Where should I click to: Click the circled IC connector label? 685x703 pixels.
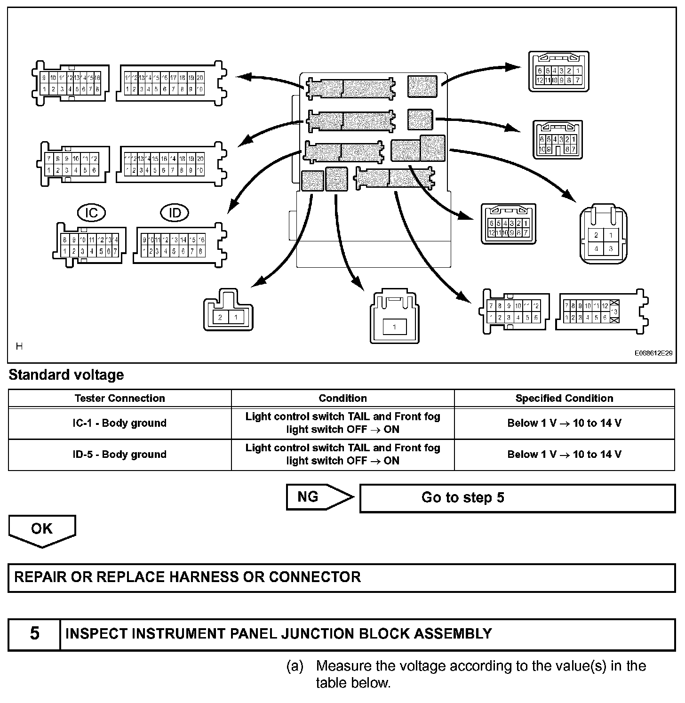point(91,213)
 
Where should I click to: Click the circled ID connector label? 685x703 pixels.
point(175,213)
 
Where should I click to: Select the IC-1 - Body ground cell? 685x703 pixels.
point(119,423)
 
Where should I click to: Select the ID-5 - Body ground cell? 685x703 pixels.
point(119,455)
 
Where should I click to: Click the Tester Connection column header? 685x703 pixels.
point(119,398)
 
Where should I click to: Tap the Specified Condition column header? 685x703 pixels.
point(564,398)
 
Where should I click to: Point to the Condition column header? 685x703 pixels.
point(342,398)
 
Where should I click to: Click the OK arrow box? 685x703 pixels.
point(42,529)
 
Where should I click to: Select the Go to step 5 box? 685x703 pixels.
point(517,498)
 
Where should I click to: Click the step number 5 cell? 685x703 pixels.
point(34,633)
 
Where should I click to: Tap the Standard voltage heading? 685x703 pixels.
point(66,375)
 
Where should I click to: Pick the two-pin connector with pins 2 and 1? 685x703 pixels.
point(228,312)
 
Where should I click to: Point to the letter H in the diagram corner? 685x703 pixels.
point(19,346)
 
